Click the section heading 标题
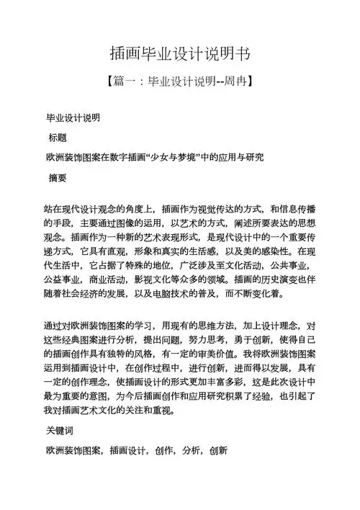(57, 137)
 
